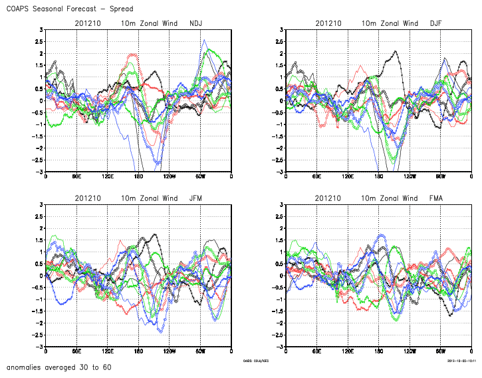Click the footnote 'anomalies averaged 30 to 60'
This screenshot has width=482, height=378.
(59, 367)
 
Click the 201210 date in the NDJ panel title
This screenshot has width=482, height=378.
(88, 23)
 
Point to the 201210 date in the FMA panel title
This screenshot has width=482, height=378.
(328, 198)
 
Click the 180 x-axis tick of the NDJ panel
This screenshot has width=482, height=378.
(139, 177)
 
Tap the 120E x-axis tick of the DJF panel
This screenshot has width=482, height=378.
(348, 177)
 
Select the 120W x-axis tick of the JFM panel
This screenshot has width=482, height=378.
(170, 352)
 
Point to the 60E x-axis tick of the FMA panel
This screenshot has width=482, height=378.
(316, 352)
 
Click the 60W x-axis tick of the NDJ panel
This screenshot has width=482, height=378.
(201, 177)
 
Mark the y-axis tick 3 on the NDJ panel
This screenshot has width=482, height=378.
(41, 30)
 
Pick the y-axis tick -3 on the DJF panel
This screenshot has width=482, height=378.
(280, 172)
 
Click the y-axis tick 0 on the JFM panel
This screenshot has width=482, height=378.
(41, 276)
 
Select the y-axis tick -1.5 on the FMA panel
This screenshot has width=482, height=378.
(277, 311)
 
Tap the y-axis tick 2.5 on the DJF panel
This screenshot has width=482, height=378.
(278, 42)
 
